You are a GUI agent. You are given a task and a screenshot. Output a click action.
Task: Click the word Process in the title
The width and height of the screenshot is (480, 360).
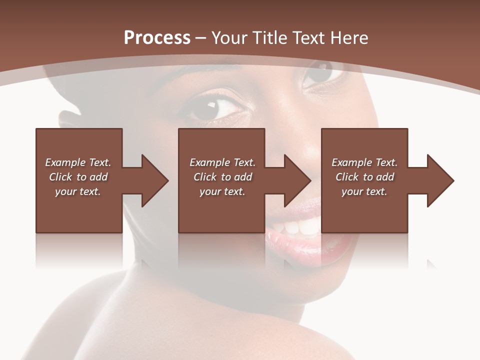pyautogui.click(x=157, y=38)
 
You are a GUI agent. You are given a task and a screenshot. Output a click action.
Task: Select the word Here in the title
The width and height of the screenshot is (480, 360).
pyautogui.click(x=350, y=38)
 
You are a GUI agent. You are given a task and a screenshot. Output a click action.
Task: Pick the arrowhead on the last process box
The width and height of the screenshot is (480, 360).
pyautogui.click(x=440, y=180)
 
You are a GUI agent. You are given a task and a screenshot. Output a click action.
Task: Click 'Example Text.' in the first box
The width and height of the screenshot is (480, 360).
pyautogui.click(x=78, y=162)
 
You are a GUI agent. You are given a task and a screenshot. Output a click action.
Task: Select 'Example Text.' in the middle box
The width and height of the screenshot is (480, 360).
pyautogui.click(x=222, y=162)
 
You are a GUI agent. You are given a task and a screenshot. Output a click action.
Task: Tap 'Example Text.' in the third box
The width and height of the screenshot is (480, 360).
pyautogui.click(x=364, y=162)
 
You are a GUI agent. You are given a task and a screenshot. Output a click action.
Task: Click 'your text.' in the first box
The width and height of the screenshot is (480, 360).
pyautogui.click(x=78, y=191)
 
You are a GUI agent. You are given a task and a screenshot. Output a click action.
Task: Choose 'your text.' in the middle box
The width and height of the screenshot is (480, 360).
pyautogui.click(x=222, y=191)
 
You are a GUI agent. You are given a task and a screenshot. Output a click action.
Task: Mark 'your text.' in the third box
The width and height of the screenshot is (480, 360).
pyautogui.click(x=364, y=191)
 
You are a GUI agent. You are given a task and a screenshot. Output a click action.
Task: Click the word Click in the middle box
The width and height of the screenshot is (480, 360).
pyautogui.click(x=205, y=177)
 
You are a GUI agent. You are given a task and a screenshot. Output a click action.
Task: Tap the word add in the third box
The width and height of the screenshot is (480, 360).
pyautogui.click(x=383, y=177)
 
